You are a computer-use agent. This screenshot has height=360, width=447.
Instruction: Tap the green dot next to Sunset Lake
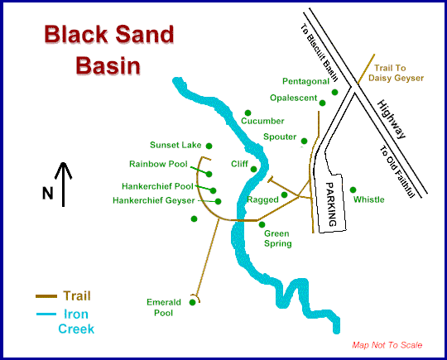pos(209,146)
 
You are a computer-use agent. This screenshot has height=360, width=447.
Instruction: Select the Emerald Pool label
pos(163,308)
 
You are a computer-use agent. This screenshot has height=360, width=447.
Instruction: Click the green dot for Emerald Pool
pos(193,303)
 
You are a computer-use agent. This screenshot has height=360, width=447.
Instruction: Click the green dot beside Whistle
pos(353,189)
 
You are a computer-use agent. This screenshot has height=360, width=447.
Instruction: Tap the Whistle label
pos(368,199)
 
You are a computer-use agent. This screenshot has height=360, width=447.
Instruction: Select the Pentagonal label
pos(305,81)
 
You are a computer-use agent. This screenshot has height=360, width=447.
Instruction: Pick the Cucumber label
pos(262,121)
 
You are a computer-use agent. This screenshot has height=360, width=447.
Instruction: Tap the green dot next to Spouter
pos(305,141)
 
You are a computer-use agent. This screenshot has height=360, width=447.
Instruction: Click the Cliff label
pos(239,164)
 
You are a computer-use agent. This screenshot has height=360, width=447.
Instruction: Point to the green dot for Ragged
pos(285,195)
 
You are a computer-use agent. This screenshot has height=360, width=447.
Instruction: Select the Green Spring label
pos(276,238)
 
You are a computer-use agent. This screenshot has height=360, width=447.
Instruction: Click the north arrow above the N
pos(64,175)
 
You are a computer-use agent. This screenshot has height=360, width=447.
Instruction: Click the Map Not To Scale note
pos(387,345)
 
